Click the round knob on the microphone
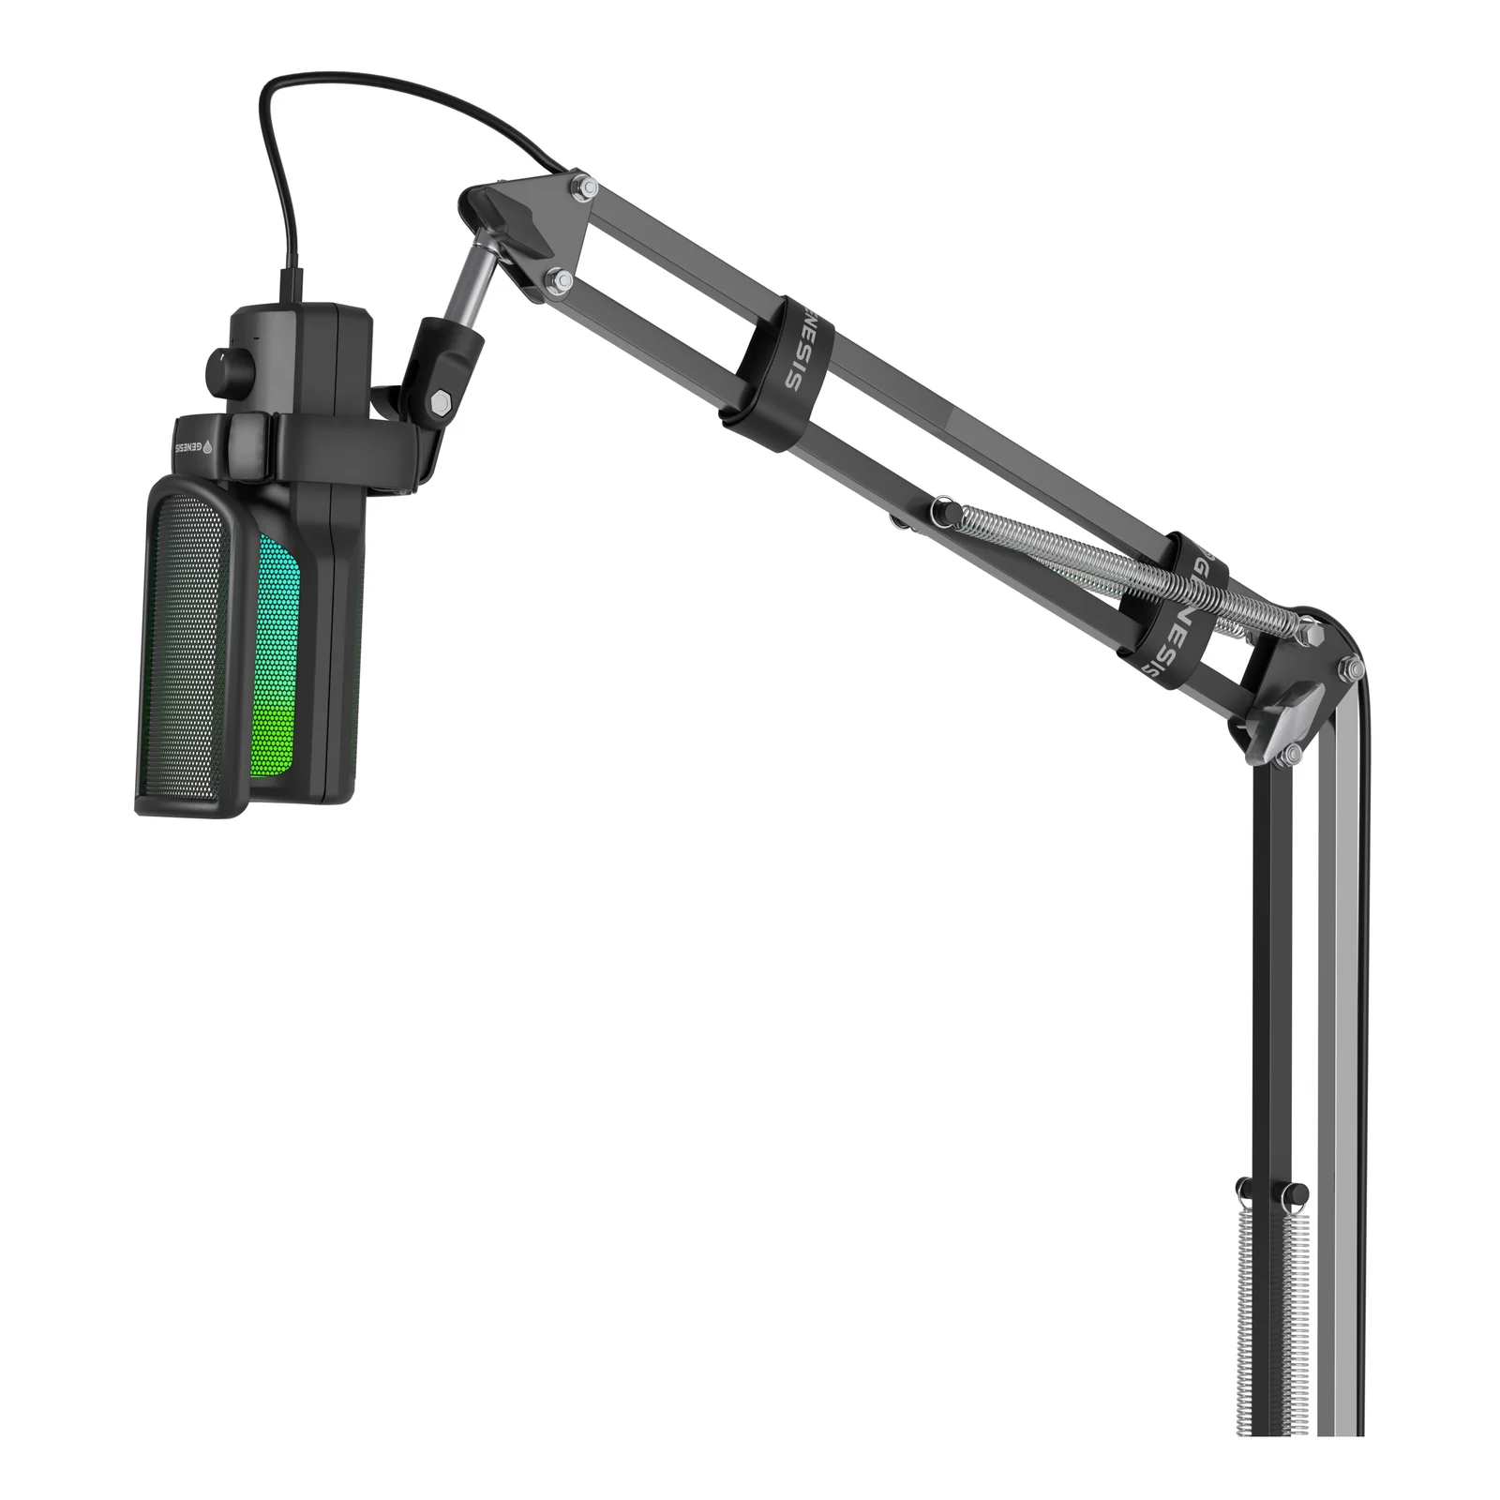click(222, 373)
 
